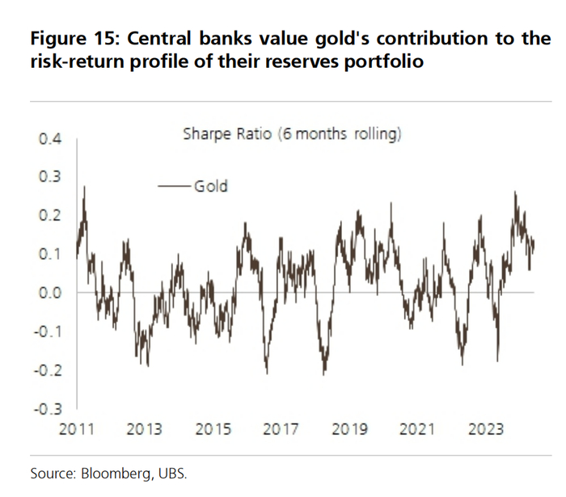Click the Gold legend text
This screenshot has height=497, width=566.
pyautogui.click(x=211, y=187)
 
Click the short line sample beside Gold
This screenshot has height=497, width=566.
pyautogui.click(x=175, y=187)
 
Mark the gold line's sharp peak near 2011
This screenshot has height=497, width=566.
pyautogui.click(x=85, y=188)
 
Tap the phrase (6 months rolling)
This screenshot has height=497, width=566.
pyautogui.click(x=340, y=135)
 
